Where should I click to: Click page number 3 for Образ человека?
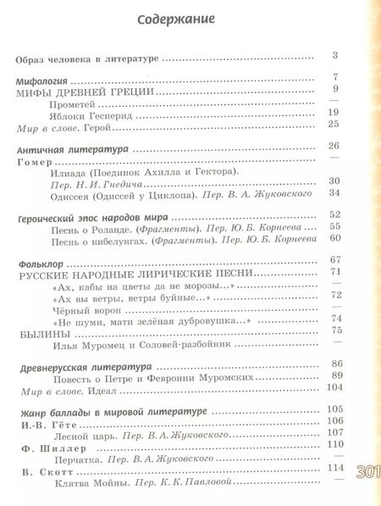335,57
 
